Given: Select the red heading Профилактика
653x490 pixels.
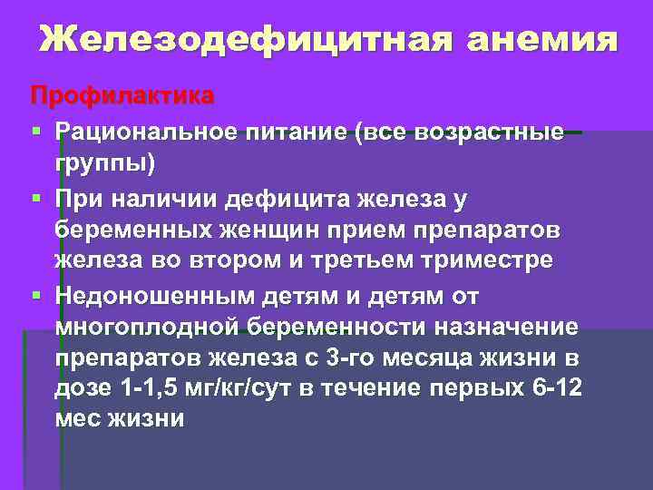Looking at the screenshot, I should coord(122,94).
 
